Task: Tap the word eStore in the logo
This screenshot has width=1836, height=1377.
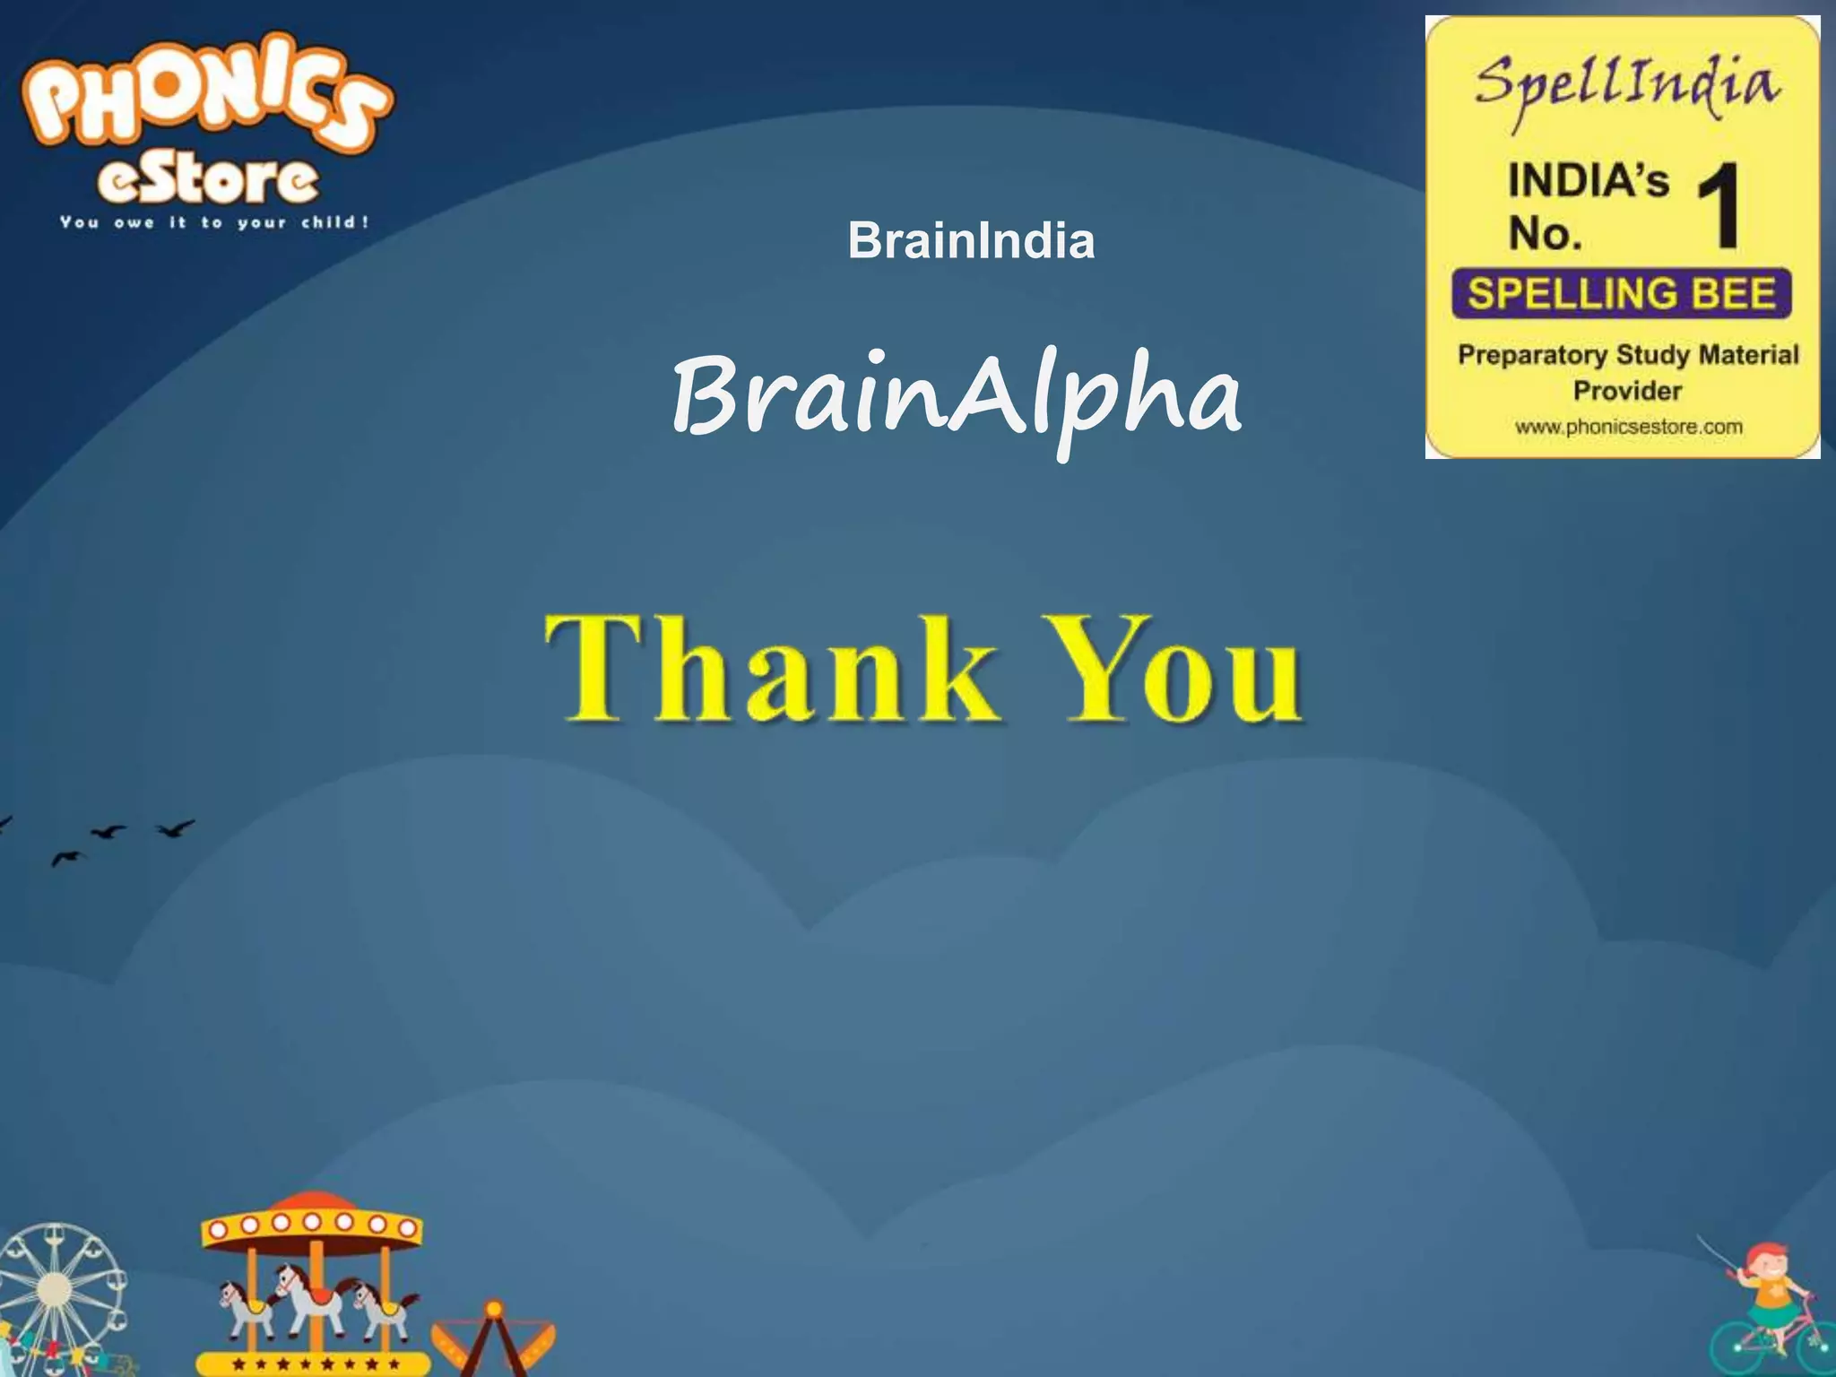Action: [x=208, y=182]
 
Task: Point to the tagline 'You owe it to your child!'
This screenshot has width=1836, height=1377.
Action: [x=214, y=222]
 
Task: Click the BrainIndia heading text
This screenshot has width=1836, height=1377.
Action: [x=971, y=240]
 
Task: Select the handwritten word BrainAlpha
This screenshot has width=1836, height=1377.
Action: [x=957, y=397]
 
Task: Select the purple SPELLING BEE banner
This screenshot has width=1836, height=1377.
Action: [x=1622, y=294]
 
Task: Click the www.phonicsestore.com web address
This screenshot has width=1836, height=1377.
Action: [x=1628, y=428]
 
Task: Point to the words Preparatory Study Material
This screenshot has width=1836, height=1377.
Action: [x=1628, y=355]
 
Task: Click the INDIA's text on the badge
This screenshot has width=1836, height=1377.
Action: [x=1588, y=180]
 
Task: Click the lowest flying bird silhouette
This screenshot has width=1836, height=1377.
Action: [x=66, y=859]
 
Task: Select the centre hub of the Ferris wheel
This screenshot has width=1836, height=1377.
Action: [x=54, y=1289]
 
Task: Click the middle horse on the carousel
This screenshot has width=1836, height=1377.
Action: [x=309, y=1295]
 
